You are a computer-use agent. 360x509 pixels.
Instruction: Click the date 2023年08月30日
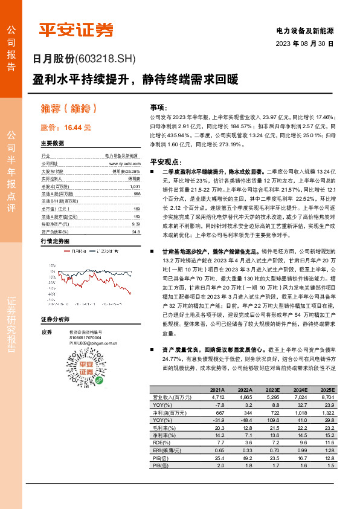[x=304, y=44]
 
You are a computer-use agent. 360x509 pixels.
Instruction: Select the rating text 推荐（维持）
[x=69, y=109]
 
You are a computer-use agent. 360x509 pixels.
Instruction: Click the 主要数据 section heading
[x=53, y=144]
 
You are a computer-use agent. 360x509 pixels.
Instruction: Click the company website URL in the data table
[x=124, y=163]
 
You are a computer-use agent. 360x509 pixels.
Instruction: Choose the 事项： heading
[x=159, y=105]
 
